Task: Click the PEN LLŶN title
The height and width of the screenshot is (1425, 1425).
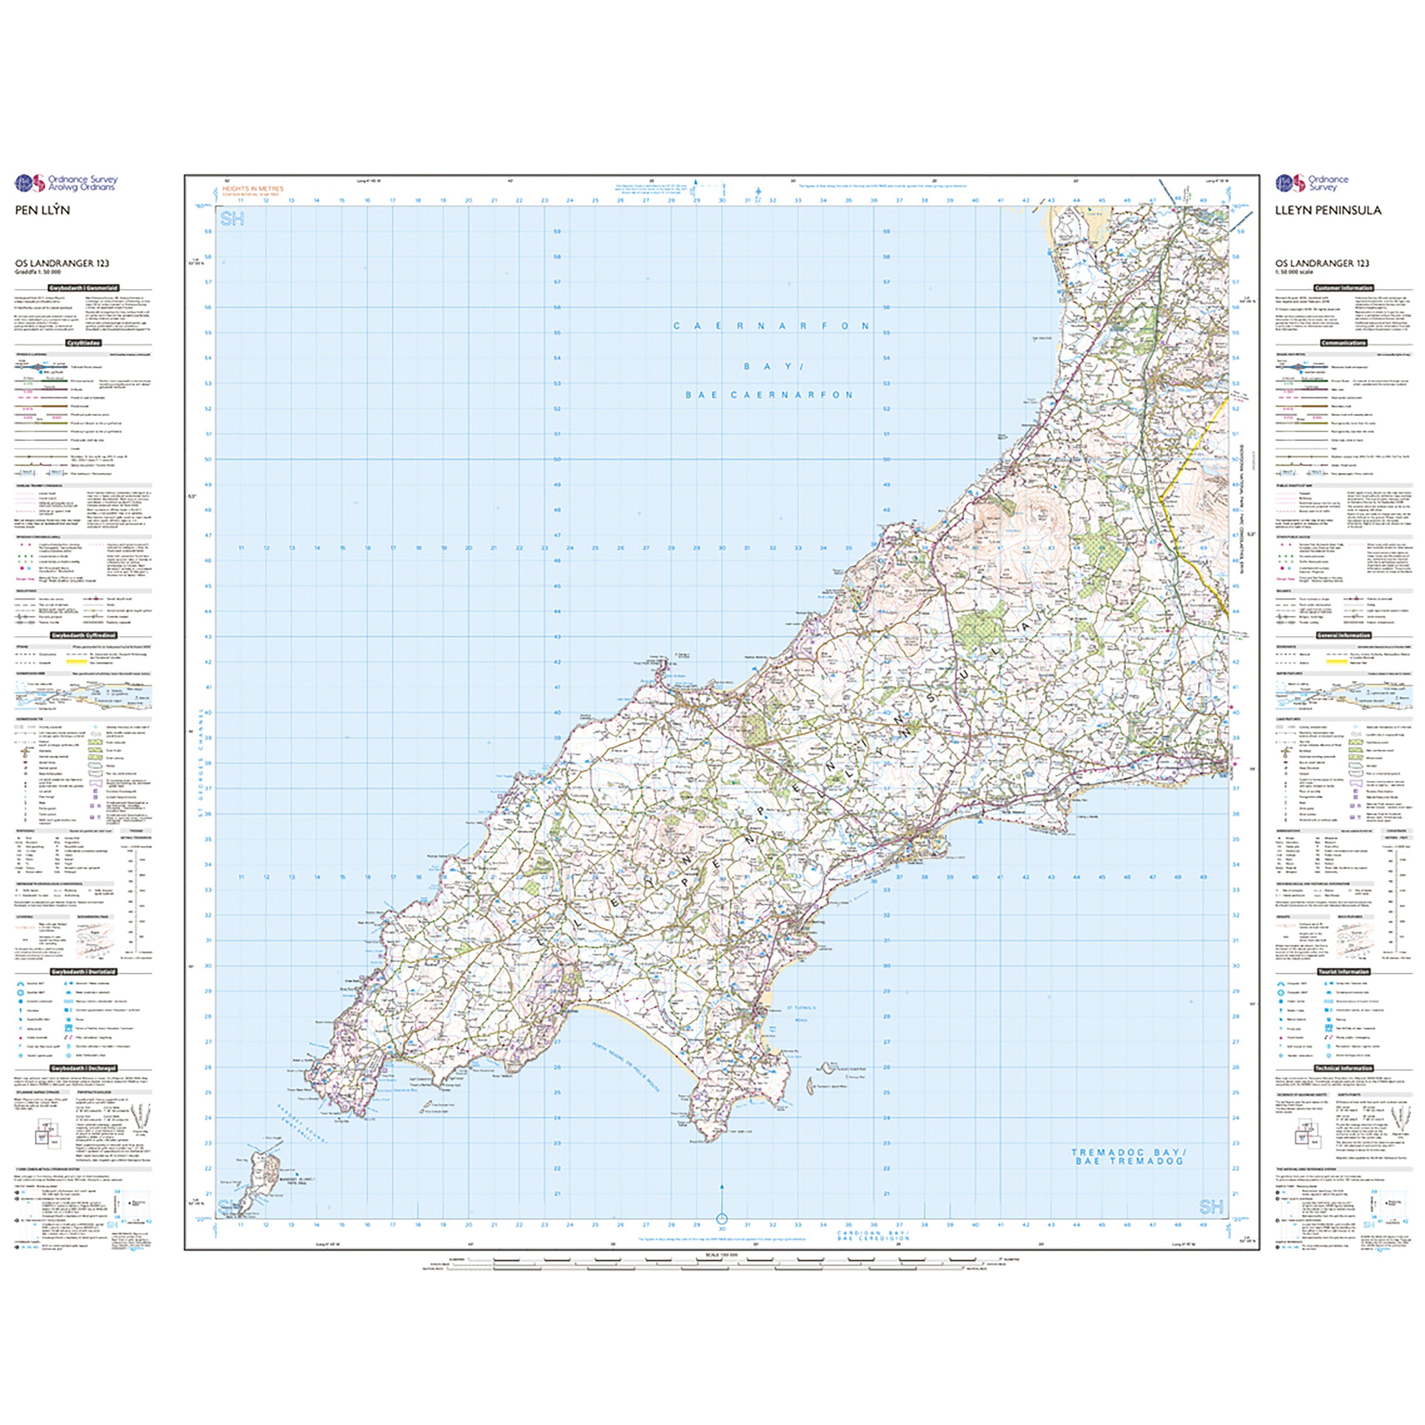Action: (43, 210)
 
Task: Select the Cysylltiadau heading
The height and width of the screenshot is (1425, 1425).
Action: (83, 343)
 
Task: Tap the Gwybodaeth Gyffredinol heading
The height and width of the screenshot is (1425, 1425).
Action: (83, 635)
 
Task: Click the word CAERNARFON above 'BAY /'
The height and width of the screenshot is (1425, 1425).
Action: (771, 326)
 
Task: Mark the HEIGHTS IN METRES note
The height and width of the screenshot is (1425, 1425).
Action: (252, 189)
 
